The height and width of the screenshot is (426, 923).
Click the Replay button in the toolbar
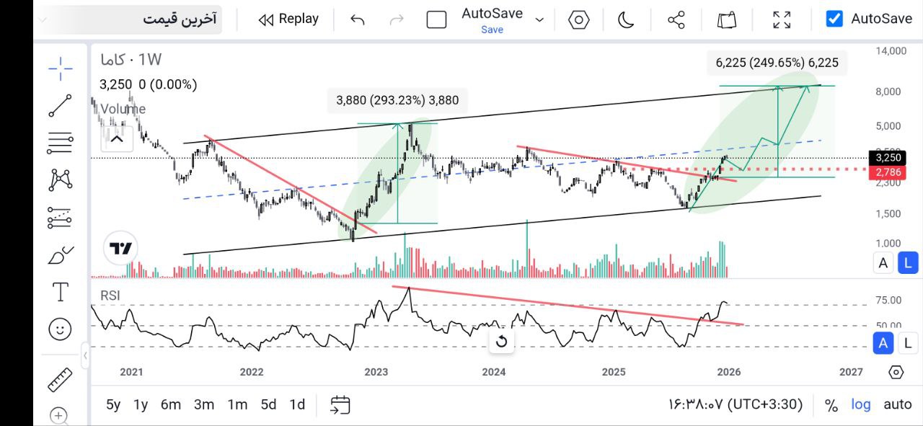coord(288,19)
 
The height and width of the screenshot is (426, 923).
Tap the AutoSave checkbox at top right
coord(834,19)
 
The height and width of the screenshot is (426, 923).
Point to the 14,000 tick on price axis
coord(891,51)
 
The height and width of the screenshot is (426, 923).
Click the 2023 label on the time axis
coord(376,372)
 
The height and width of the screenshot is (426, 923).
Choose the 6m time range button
coord(171,404)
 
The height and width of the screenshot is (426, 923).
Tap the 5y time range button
coord(113,404)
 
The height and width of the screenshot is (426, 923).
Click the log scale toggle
coord(860,404)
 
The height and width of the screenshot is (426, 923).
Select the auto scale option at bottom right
coord(897,404)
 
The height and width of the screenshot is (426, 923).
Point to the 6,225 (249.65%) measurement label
coord(777,63)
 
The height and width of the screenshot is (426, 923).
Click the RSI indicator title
coord(110,295)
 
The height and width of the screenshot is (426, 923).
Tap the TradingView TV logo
coord(120,249)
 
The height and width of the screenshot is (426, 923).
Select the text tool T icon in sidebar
coord(61,292)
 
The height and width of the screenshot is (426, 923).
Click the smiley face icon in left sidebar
coord(61,329)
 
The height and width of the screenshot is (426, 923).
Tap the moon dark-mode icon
coord(626,19)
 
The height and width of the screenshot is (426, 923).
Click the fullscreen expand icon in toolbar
coord(782,19)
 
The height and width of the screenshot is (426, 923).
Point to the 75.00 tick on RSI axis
coord(888,301)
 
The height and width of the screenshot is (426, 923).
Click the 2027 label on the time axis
coord(851,372)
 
